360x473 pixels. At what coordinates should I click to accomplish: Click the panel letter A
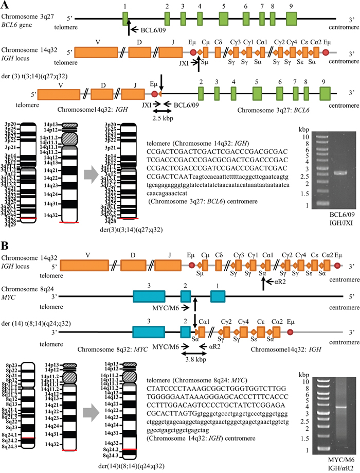coord(6,5)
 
